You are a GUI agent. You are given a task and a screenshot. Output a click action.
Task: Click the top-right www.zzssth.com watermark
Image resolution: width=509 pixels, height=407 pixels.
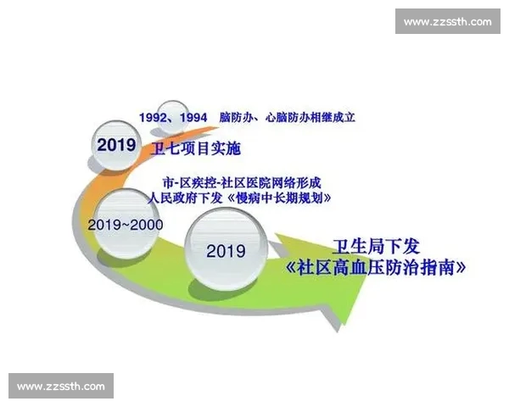tap(447, 22)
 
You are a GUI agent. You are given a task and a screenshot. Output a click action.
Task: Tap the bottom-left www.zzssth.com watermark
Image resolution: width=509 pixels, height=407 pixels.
tap(61, 386)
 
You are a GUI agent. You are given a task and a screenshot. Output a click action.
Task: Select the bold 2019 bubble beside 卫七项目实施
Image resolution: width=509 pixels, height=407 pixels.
tap(117, 145)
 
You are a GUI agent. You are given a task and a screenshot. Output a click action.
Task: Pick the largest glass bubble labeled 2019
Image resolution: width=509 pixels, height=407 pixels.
tap(226, 251)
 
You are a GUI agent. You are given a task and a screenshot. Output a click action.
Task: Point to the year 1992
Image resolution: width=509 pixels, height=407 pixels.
tap(154, 117)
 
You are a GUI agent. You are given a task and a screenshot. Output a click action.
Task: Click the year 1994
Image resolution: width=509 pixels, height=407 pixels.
tap(193, 117)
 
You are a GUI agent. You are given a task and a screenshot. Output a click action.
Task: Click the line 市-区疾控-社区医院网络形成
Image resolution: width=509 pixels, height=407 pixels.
tap(243, 182)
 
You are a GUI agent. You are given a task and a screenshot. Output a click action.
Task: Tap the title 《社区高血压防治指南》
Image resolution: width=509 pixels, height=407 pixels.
tap(378, 270)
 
